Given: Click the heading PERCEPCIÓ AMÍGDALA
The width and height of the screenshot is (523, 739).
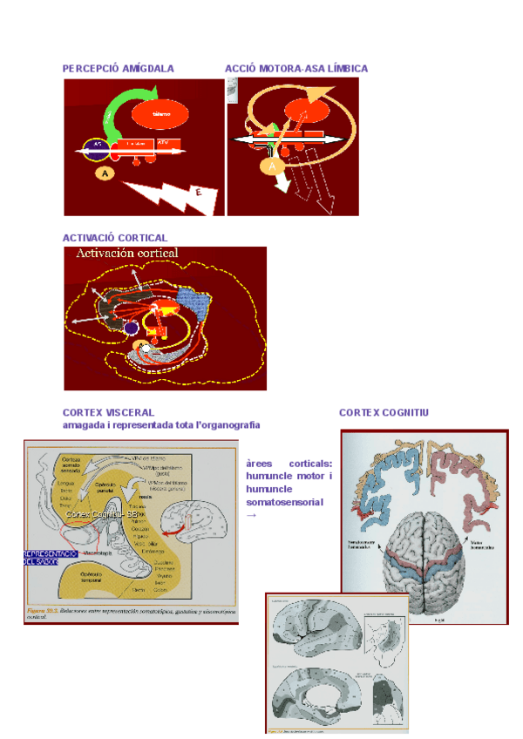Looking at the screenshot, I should pos(118,68).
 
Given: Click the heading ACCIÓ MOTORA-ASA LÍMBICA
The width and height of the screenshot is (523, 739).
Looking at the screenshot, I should pos(296,68).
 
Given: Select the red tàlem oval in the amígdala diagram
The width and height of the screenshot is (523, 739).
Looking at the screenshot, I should pos(161,114).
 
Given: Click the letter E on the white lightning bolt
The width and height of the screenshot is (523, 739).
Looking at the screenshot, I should pos(200,193).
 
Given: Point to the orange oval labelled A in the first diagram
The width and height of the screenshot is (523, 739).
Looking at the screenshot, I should pos(105,173).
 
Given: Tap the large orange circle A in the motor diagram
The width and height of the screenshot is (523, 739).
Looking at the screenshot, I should pos(273,165).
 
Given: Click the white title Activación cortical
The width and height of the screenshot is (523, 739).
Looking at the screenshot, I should pos(127,254).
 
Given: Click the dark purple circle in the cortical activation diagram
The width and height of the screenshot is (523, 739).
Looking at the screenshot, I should pos(131,329).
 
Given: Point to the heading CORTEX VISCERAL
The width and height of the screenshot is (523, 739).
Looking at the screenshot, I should pos(108,412).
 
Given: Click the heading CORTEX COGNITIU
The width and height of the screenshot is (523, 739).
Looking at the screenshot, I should pos(384,412).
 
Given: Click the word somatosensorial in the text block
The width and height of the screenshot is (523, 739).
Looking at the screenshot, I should pos(284,502).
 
